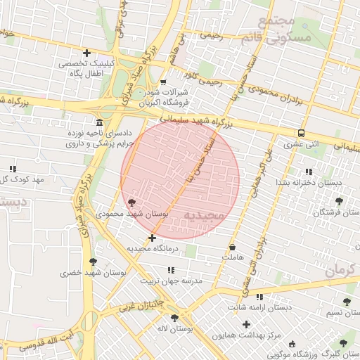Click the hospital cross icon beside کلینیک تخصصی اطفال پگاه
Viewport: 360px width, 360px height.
click(87, 53)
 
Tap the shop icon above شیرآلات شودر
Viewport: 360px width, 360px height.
click(163, 82)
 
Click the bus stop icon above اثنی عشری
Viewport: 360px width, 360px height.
click(301, 133)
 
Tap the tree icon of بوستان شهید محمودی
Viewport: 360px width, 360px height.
click(131, 202)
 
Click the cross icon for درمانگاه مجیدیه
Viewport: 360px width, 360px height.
click(153, 238)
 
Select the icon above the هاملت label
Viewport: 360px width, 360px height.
click(233, 247)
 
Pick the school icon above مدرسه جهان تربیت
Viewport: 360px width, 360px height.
click(170, 269)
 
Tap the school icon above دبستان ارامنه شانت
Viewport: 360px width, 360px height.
click(259, 297)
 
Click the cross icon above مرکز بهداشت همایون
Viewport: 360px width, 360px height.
click(246, 324)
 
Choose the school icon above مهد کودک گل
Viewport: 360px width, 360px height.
click(13, 169)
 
